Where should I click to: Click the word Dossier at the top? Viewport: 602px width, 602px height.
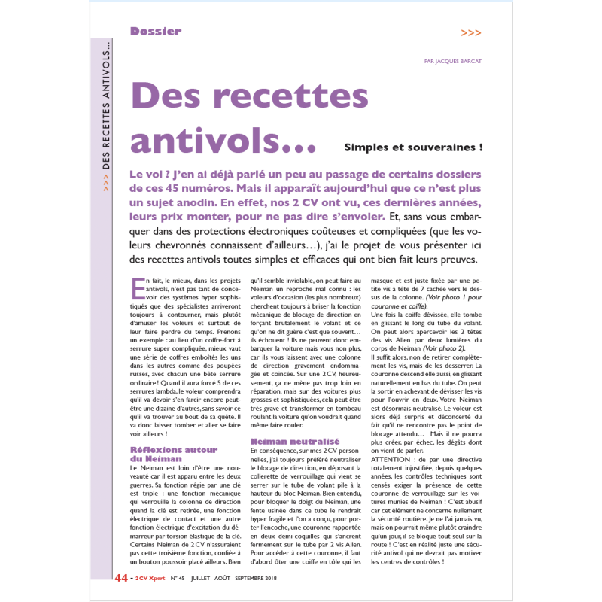click(x=155, y=31)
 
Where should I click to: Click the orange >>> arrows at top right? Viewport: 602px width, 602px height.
click(x=471, y=32)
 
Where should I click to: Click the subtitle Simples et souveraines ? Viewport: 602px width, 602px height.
click(x=413, y=147)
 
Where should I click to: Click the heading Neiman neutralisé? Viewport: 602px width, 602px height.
click(x=284, y=440)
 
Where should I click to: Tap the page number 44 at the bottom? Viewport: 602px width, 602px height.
click(x=120, y=578)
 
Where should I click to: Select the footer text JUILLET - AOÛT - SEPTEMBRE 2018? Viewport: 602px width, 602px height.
click(x=240, y=579)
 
